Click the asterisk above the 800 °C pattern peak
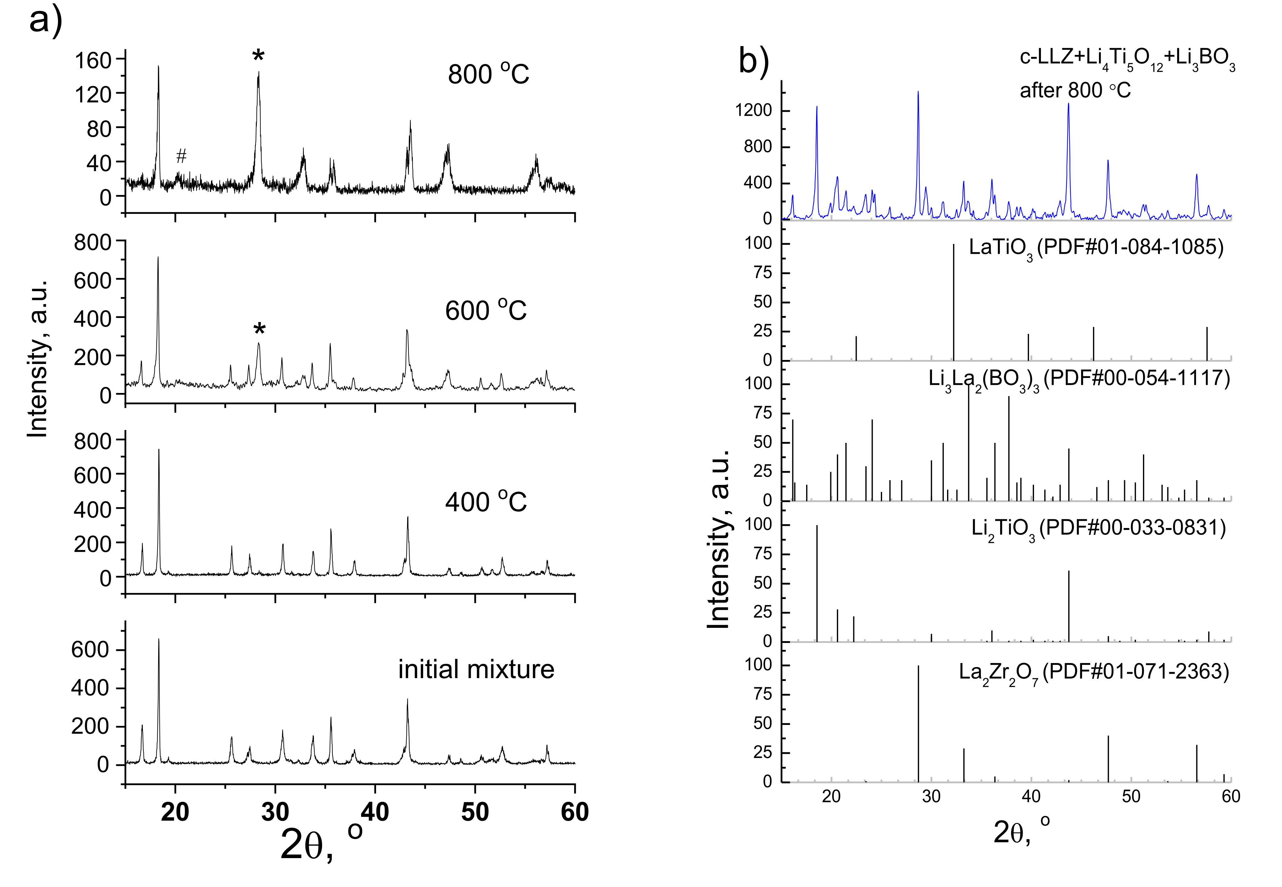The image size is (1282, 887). click(x=258, y=56)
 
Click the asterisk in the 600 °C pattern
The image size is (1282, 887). click(x=259, y=329)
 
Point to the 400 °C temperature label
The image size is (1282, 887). click(x=486, y=502)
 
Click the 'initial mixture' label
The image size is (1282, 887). click(x=476, y=669)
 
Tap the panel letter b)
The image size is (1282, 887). click(x=754, y=60)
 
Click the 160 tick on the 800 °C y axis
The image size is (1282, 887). click(x=93, y=60)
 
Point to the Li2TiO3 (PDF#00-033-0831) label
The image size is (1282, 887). click(x=1098, y=528)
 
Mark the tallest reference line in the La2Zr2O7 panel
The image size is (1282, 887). click(x=918, y=722)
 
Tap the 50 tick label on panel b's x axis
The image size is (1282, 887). click(x=1131, y=797)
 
